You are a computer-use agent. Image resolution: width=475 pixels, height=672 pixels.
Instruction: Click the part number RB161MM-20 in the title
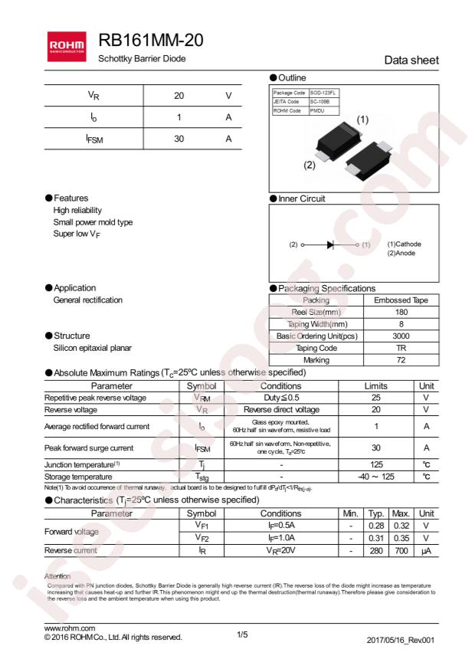pos(151,41)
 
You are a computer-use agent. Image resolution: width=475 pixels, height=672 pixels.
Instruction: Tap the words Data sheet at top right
pos(411,61)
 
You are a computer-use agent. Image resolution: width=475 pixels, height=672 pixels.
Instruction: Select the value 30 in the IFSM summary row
pos(179,139)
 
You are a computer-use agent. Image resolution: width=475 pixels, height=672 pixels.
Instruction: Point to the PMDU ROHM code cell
pos(318,111)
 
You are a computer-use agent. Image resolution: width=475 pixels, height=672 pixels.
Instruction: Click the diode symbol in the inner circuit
pos(331,244)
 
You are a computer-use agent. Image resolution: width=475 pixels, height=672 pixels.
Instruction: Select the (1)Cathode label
pos(403,244)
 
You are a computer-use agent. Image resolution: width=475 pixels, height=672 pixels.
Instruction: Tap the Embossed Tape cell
pos(401,300)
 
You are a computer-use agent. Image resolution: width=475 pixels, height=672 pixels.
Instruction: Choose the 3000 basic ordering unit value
pos(401,336)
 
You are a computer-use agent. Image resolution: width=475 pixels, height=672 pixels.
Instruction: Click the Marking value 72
pos(401,359)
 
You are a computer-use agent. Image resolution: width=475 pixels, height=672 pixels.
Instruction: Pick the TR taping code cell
pos(401,347)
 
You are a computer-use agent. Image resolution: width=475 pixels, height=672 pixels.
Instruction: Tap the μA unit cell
pos(427,549)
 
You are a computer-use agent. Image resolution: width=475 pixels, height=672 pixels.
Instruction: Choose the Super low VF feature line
pos(83,234)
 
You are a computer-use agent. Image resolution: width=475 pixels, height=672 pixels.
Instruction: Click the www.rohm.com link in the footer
pos(70,628)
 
